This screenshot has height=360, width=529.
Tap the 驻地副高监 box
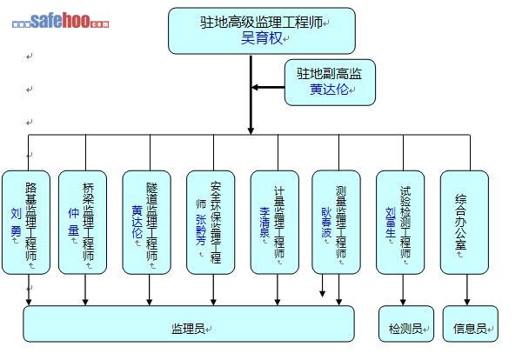pyautogui.click(x=330, y=83)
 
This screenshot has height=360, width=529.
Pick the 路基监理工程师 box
pyautogui.click(x=26, y=222)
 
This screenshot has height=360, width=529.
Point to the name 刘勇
pyautogui.click(x=17, y=223)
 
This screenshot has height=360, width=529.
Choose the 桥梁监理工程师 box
pyautogui.click(x=83, y=222)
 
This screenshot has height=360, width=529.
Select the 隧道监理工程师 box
pyautogui.click(x=146, y=222)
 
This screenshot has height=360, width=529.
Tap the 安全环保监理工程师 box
pyautogui.click(x=210, y=222)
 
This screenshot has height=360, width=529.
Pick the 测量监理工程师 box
pyautogui.click(x=336, y=222)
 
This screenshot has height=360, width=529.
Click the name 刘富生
pyautogui.click(x=391, y=223)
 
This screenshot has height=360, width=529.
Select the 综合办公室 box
pyautogui.click(x=465, y=222)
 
